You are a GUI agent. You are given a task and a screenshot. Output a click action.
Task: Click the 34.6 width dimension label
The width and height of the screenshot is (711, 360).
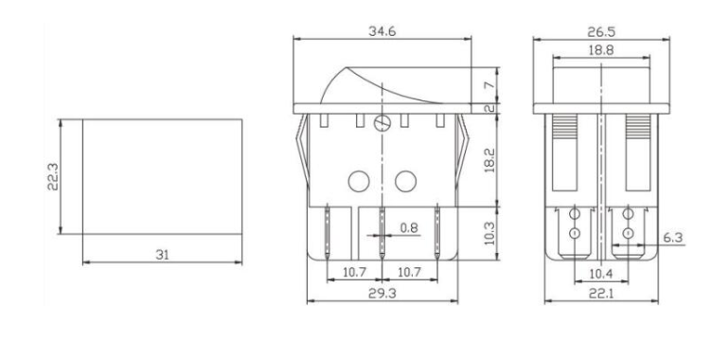click(x=382, y=31)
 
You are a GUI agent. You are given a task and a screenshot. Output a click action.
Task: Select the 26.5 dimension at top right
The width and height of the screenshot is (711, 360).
click(x=601, y=32)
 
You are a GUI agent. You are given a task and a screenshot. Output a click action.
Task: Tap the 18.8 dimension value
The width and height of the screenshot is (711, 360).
click(x=601, y=50)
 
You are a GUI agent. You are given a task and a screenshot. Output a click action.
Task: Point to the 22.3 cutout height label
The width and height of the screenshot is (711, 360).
click(x=53, y=176)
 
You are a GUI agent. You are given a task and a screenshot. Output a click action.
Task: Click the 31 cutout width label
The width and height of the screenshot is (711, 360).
click(x=162, y=255)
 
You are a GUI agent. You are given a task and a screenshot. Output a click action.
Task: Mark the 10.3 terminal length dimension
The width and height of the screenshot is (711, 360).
click(x=490, y=233)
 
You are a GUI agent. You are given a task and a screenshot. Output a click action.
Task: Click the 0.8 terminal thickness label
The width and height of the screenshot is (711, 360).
click(x=409, y=228)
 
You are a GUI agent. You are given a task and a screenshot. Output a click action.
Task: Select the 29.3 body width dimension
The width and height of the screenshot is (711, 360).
click(x=382, y=294)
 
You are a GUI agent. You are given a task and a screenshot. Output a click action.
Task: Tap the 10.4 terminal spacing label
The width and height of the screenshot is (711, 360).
click(x=601, y=273)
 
